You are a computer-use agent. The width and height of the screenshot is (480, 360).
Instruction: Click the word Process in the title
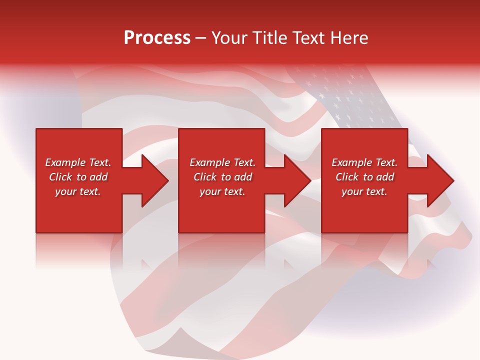pyautogui.click(x=157, y=38)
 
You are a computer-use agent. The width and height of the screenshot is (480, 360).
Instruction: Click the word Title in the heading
pyautogui.click(x=270, y=38)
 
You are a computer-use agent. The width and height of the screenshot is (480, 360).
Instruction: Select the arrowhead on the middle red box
pyautogui.click(x=296, y=180)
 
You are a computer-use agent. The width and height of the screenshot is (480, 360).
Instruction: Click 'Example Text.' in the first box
pyautogui.click(x=78, y=162)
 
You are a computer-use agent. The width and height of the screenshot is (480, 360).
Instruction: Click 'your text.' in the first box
pyautogui.click(x=78, y=191)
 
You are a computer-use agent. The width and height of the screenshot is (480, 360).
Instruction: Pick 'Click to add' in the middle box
pyautogui.click(x=222, y=177)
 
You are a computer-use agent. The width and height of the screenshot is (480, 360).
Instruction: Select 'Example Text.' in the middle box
pyautogui.click(x=222, y=162)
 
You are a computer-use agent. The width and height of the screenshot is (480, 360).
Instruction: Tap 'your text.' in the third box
pyautogui.click(x=364, y=191)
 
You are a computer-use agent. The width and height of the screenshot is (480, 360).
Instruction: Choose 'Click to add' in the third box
pyautogui.click(x=364, y=177)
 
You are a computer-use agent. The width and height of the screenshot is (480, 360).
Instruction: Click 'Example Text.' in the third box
pyautogui.click(x=364, y=162)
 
